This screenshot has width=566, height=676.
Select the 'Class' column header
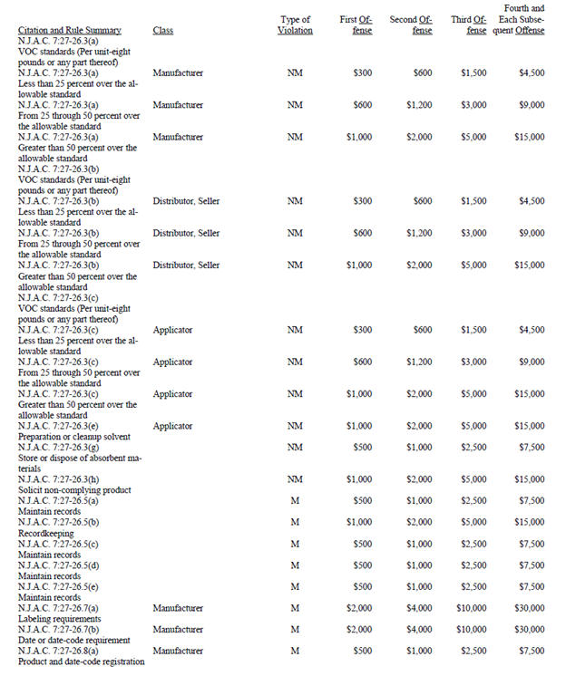(163, 30)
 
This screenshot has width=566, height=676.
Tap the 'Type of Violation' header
(295, 24)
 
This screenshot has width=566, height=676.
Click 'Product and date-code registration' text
(81, 662)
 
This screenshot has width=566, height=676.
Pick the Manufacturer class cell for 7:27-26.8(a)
(178, 651)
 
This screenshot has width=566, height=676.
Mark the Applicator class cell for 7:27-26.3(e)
(172, 426)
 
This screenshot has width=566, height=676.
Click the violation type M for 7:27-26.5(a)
(294, 501)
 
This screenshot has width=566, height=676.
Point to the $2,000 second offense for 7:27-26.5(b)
(419, 523)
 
